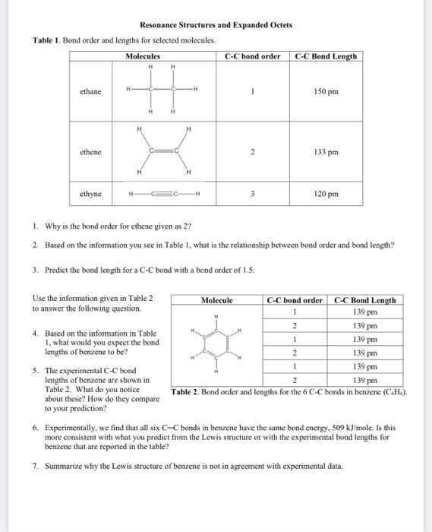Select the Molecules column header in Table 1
(143, 55)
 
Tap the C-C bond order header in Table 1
(253, 55)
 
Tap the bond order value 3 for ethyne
(253, 194)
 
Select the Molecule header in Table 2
(217, 300)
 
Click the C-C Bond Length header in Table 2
(365, 300)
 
